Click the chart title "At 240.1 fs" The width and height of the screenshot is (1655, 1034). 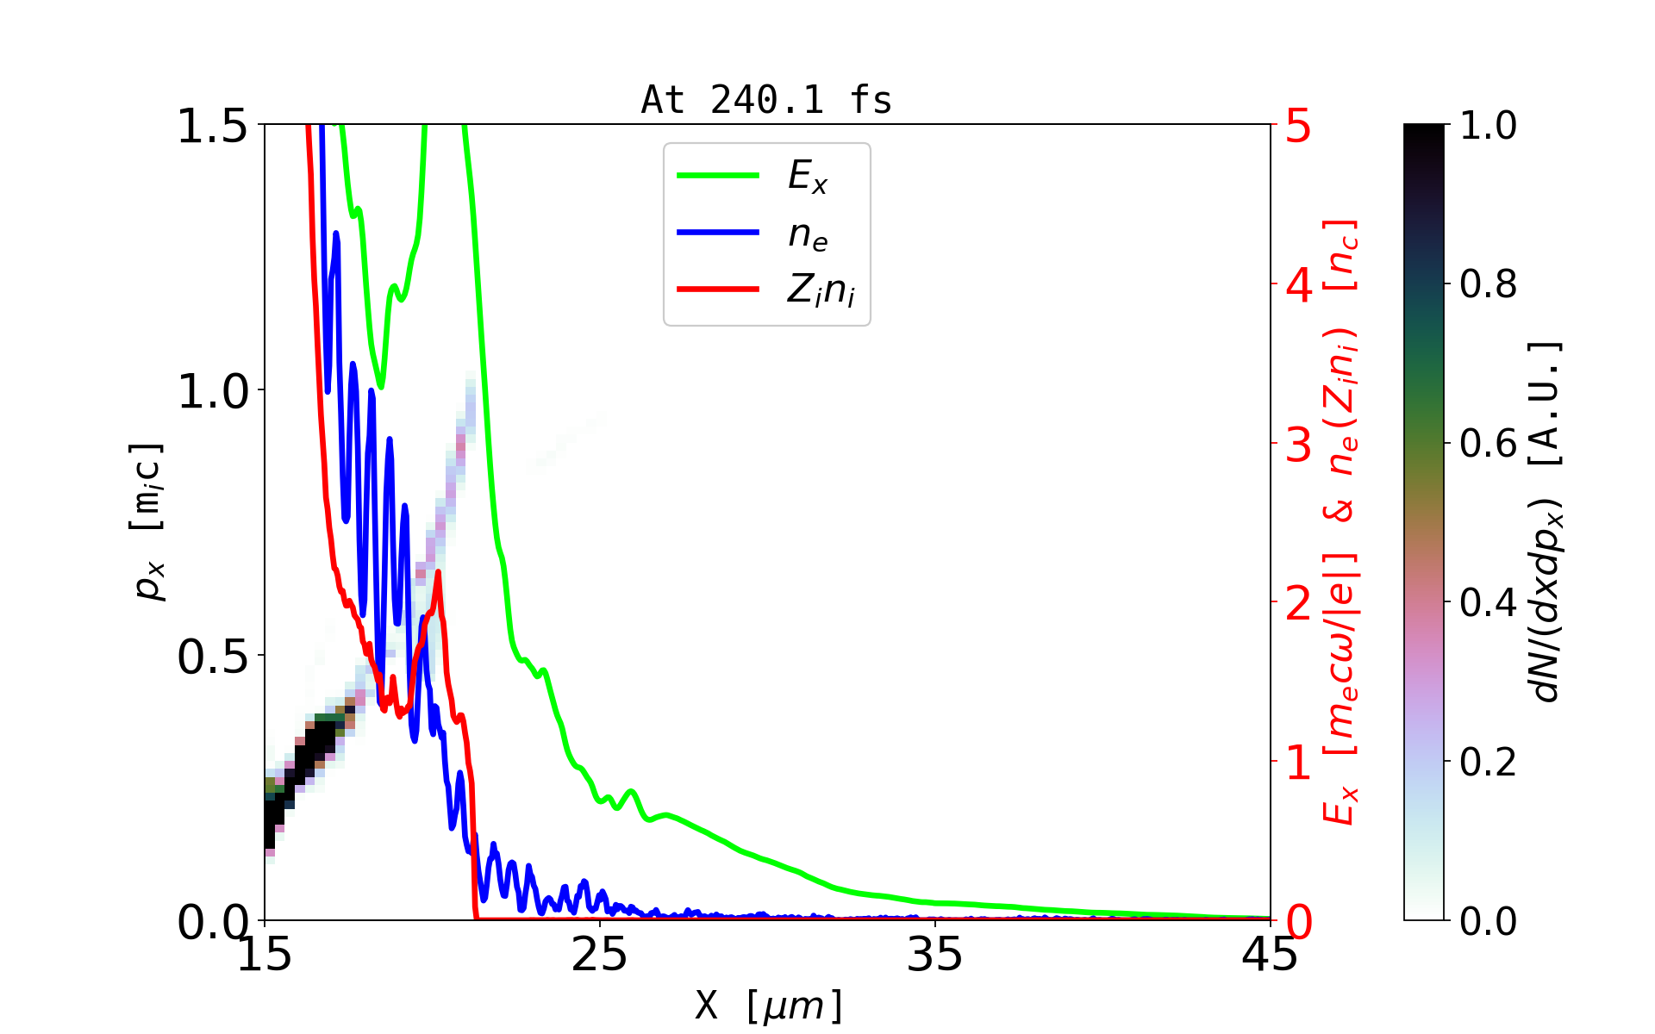coord(766,100)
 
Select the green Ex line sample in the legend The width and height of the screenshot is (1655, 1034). coord(718,176)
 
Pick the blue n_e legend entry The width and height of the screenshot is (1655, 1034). coord(718,233)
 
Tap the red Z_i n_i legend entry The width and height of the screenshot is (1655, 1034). coord(718,290)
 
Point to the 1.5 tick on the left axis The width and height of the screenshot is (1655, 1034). coord(211,126)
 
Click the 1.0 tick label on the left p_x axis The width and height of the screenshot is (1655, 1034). coord(211,391)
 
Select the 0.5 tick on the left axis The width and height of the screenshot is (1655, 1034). coord(211,657)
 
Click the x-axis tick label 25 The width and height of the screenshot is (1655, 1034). coord(599,955)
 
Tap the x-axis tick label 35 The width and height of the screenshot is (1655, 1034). coord(935,955)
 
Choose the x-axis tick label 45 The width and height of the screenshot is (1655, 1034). coord(1270,955)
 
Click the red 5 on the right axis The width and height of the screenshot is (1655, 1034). coord(1299,127)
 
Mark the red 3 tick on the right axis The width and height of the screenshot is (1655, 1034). coord(1299,445)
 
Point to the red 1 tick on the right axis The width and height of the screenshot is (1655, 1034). coord(1299,763)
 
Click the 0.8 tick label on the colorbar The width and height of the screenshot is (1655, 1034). coord(1488,283)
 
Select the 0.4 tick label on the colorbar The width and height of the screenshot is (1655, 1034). coord(1488,602)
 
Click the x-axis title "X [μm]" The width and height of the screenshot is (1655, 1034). coord(769,1005)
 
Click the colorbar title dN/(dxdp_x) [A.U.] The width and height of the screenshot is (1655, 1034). coord(1547,521)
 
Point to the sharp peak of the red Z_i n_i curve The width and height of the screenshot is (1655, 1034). coord(438,572)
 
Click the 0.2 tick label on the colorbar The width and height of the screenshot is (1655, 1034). coord(1488,762)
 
